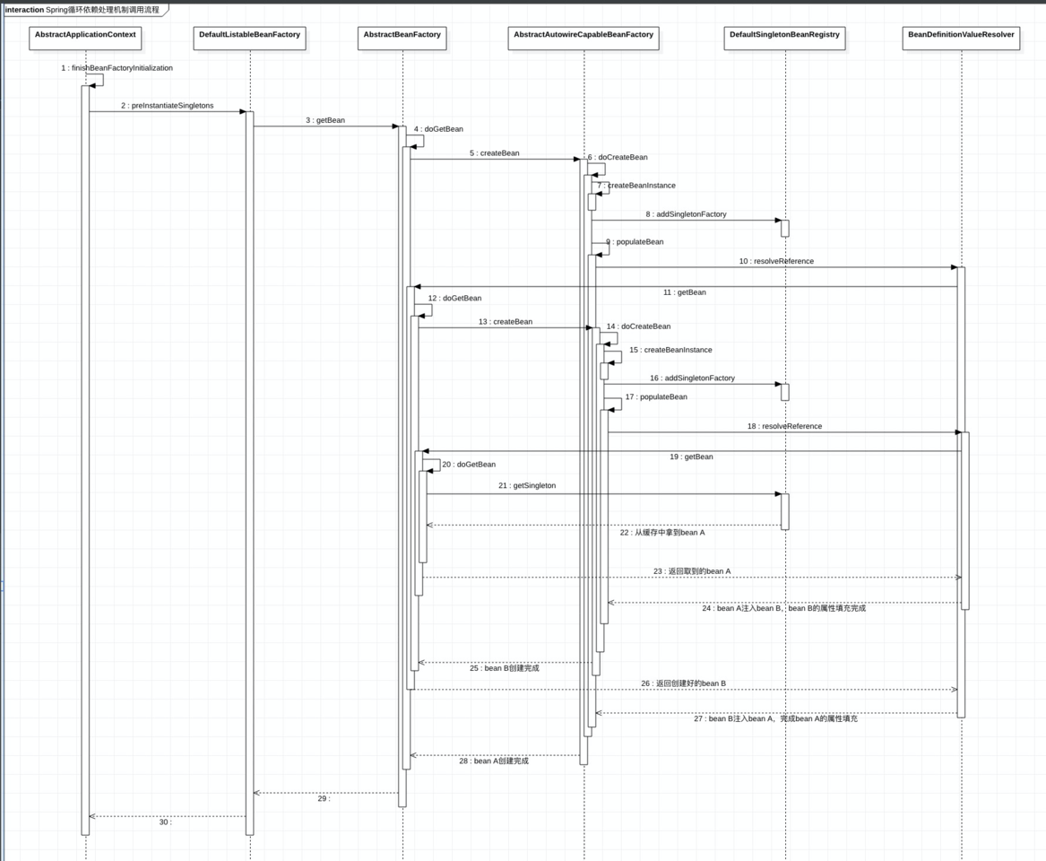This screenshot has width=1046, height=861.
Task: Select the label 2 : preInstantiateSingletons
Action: click(x=168, y=106)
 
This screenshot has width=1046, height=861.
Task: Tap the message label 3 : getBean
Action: click(x=325, y=120)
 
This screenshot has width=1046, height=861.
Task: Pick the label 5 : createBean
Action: click(x=494, y=153)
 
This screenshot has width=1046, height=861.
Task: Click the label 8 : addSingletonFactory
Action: click(x=686, y=214)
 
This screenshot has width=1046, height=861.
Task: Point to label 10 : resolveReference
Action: click(x=776, y=262)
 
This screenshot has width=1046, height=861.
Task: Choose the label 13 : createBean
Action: click(x=506, y=322)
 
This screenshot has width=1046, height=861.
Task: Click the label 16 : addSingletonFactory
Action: click(x=692, y=378)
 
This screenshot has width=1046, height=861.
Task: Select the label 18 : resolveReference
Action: click(x=784, y=427)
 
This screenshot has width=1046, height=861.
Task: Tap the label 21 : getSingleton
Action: click(x=527, y=486)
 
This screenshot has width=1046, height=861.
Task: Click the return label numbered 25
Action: click(x=505, y=668)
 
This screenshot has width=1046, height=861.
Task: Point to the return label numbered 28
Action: click(x=494, y=761)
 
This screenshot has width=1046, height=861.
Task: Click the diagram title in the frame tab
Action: click(x=82, y=10)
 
